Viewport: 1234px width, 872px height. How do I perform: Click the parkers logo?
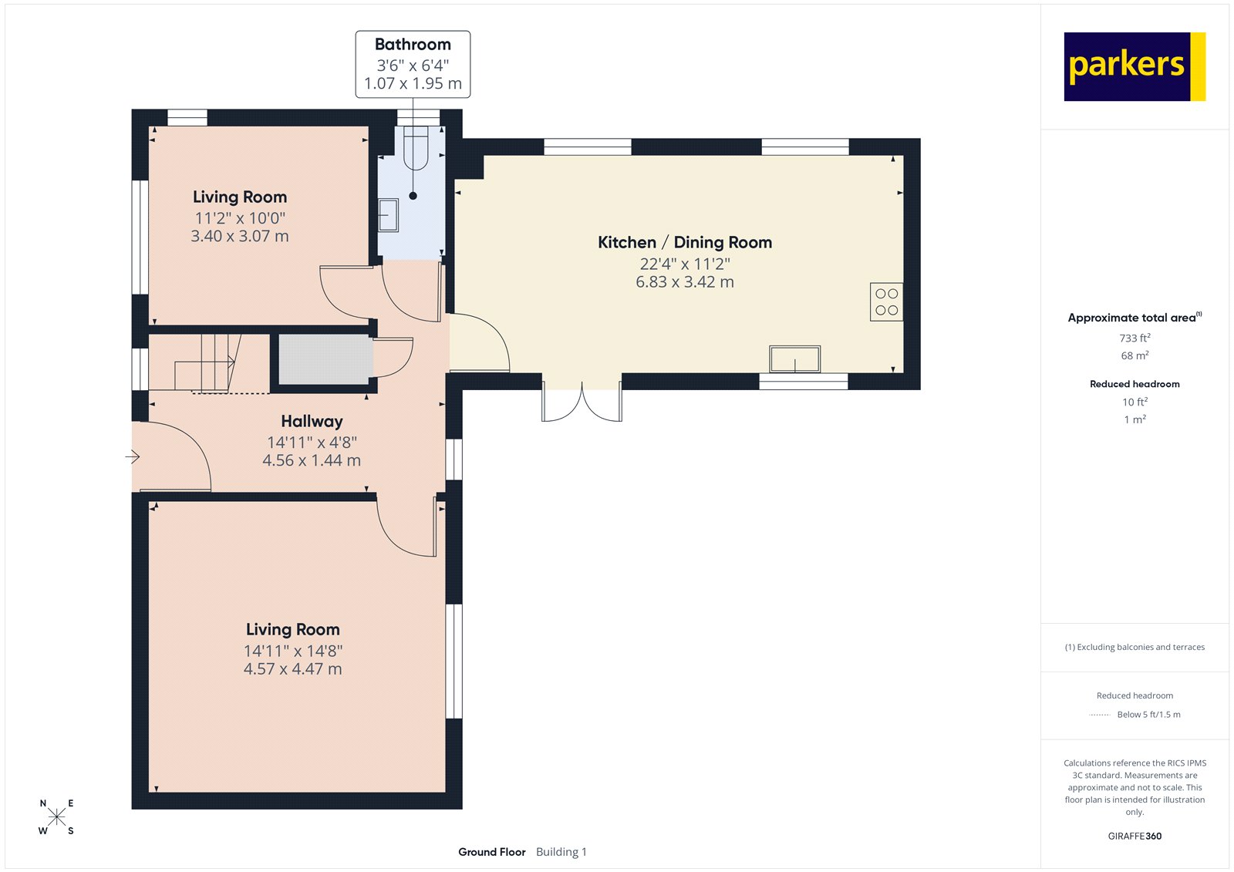point(1134,66)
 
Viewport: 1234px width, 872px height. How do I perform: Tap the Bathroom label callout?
point(413,64)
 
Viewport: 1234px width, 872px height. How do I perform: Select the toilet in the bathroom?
point(416,148)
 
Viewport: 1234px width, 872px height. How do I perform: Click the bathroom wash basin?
point(388,215)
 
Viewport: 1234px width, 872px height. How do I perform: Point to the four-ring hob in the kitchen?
point(886,301)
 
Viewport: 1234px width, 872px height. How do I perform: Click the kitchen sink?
point(794,359)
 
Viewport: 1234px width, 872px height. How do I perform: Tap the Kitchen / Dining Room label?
point(684,242)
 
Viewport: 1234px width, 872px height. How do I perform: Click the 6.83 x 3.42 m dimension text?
point(684,282)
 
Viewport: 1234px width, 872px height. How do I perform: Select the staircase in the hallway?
point(204,362)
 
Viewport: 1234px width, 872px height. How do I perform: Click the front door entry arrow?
point(133,457)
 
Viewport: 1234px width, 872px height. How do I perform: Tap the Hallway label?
point(312,421)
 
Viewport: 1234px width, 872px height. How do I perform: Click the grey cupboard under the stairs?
point(324,359)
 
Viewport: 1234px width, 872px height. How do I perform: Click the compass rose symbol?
point(56,817)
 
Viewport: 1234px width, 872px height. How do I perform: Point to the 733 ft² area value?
point(1135,338)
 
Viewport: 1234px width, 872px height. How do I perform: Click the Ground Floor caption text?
point(491,852)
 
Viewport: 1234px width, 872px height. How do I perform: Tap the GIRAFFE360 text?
point(1135,836)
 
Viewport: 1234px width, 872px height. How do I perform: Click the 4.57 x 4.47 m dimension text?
point(292,669)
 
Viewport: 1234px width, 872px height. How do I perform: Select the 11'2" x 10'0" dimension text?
point(240,218)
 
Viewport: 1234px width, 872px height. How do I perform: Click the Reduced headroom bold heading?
point(1135,384)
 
